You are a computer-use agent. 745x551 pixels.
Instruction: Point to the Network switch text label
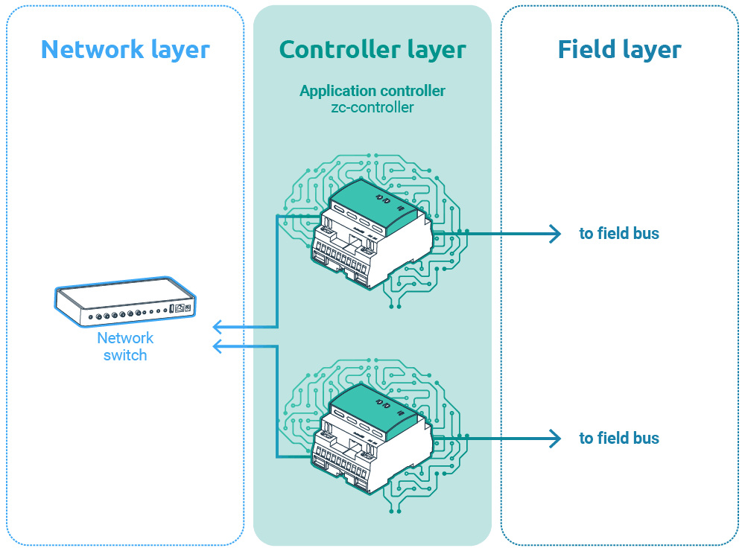point(125,346)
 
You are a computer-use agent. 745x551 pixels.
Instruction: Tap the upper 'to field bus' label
point(619,234)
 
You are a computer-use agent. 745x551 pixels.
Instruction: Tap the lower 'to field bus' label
point(619,439)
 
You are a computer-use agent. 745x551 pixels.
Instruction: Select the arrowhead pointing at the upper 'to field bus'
point(555,234)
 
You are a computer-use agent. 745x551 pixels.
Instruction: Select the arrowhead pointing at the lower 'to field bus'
point(555,439)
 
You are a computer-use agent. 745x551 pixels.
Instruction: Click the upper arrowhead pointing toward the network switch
point(218,327)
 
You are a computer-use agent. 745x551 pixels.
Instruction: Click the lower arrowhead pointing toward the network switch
point(218,346)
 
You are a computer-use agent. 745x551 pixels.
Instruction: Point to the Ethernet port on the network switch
point(180,308)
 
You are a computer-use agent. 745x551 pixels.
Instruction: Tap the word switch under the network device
point(125,355)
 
